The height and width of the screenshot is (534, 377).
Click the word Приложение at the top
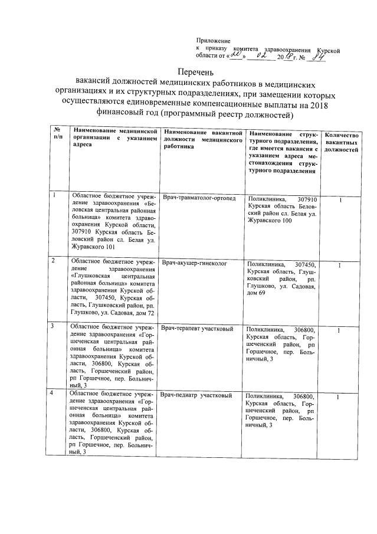(x=213, y=40)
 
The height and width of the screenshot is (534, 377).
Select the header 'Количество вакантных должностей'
(x=341, y=142)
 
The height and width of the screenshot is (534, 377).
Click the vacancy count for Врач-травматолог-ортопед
(x=340, y=201)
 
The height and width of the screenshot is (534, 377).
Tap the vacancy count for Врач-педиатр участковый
(x=339, y=398)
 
